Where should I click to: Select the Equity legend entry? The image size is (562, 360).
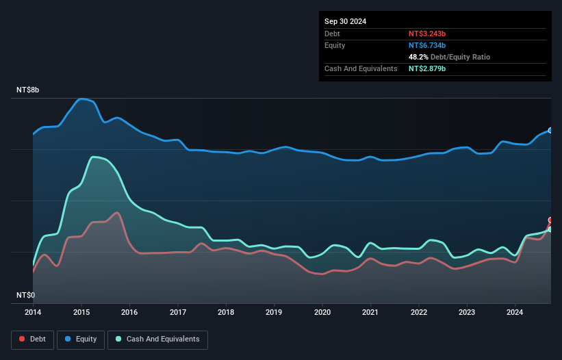[x=81, y=339]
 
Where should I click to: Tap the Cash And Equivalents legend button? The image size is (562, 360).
[x=157, y=339]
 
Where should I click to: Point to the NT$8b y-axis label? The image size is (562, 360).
[x=28, y=90]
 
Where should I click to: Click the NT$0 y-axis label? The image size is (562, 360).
[x=25, y=296]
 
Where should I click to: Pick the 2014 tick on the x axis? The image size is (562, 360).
[x=33, y=312]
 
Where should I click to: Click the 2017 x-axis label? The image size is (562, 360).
[x=177, y=312]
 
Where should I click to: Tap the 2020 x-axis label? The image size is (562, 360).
[x=322, y=312]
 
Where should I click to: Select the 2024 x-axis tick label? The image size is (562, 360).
[x=515, y=312]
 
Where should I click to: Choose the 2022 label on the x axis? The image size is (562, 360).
[x=419, y=312]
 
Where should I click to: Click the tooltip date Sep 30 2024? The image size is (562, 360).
[x=345, y=21]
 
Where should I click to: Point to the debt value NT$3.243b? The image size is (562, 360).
[x=427, y=34]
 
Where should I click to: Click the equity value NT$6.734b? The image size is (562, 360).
[x=427, y=45]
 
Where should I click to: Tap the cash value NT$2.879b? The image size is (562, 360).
[x=427, y=69]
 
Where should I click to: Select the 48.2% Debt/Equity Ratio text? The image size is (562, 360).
[x=449, y=57]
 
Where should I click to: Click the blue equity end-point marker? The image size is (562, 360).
[x=550, y=130]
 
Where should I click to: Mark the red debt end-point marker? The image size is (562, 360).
[x=550, y=220]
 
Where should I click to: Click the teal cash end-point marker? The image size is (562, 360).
[x=550, y=229]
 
